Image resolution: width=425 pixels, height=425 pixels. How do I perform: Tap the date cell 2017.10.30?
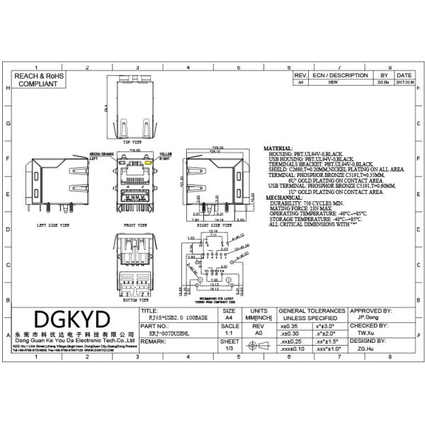coord(404,82)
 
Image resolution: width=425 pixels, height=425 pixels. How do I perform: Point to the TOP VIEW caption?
coord(132,142)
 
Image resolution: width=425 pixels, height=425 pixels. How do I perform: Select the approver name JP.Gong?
coord(365,319)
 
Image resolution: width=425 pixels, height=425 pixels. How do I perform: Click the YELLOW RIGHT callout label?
coord(165,156)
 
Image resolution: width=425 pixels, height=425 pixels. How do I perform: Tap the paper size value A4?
coord(229,319)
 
